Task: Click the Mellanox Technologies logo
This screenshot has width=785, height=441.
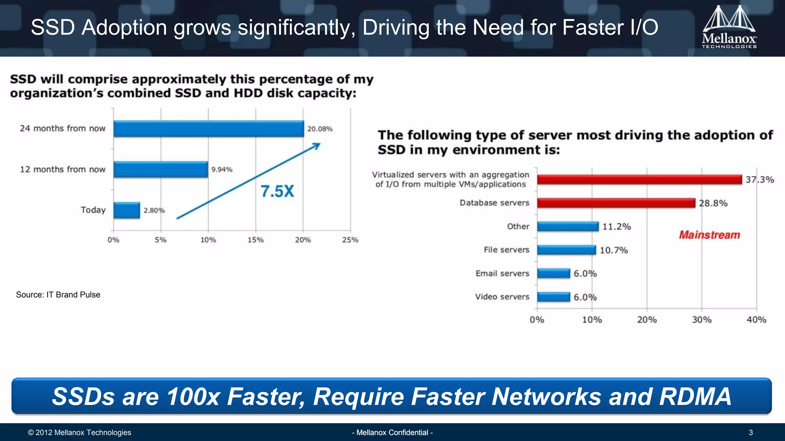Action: click(x=729, y=28)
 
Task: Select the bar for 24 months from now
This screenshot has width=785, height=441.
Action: click(x=209, y=129)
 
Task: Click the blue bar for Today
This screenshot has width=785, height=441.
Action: click(x=127, y=210)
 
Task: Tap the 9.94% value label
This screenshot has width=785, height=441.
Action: click(x=222, y=169)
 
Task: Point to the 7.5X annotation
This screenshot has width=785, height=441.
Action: click(x=278, y=191)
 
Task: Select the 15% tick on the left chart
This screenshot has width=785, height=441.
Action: click(x=256, y=240)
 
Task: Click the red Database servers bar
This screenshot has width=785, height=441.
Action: click(x=616, y=203)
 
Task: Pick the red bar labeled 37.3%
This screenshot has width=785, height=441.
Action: click(x=639, y=180)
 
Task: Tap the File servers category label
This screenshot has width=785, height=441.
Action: click(x=506, y=250)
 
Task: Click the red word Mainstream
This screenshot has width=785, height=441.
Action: click(x=709, y=235)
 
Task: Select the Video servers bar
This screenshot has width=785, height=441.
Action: click(x=553, y=297)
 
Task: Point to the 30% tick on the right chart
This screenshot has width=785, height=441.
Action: click(x=702, y=320)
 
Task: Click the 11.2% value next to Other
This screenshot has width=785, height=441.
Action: click(x=616, y=227)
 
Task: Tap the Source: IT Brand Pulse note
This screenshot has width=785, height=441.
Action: click(x=58, y=295)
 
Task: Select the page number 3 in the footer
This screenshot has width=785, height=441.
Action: click(x=751, y=433)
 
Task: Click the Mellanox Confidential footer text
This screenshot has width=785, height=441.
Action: click(x=392, y=433)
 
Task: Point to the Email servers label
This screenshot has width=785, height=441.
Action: click(x=502, y=273)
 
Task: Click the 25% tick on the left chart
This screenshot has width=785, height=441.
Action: click(x=350, y=240)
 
